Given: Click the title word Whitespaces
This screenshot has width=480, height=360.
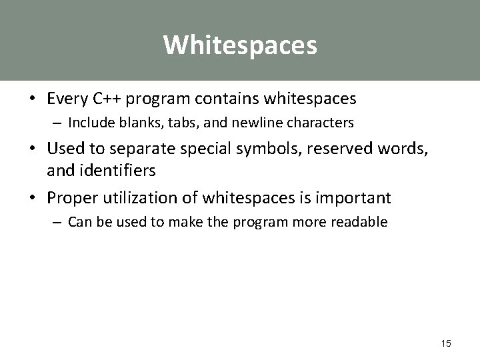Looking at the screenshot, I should pyautogui.click(x=240, y=45).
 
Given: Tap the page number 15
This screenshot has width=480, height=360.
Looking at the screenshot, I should pyautogui.click(x=446, y=343).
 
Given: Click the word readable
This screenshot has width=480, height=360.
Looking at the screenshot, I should pyautogui.click(x=361, y=222).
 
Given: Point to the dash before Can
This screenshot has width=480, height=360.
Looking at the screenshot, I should pyautogui.click(x=59, y=222).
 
